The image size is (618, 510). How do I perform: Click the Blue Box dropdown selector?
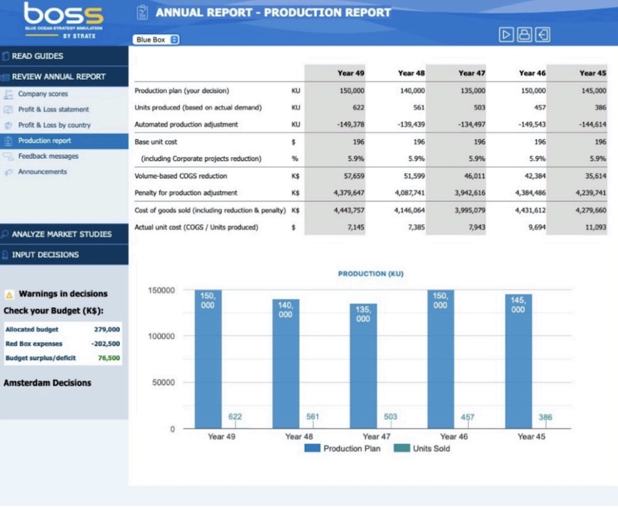click(157, 40)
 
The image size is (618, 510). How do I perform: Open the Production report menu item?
click(44, 141)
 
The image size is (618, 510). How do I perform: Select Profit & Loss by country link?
click(54, 125)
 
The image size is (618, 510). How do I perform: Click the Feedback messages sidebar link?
click(48, 156)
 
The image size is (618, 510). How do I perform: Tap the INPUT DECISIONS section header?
click(45, 254)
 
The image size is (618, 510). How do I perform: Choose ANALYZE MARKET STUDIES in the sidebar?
click(61, 234)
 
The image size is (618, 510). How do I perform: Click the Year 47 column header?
click(471, 73)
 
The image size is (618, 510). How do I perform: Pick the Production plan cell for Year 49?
click(352, 91)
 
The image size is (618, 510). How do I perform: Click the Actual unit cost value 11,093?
click(594, 227)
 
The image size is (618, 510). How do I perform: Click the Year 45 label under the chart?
click(531, 436)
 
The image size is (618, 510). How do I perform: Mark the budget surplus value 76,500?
click(108, 359)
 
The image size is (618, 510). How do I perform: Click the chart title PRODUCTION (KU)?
click(370, 274)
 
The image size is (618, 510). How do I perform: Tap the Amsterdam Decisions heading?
click(47, 383)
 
